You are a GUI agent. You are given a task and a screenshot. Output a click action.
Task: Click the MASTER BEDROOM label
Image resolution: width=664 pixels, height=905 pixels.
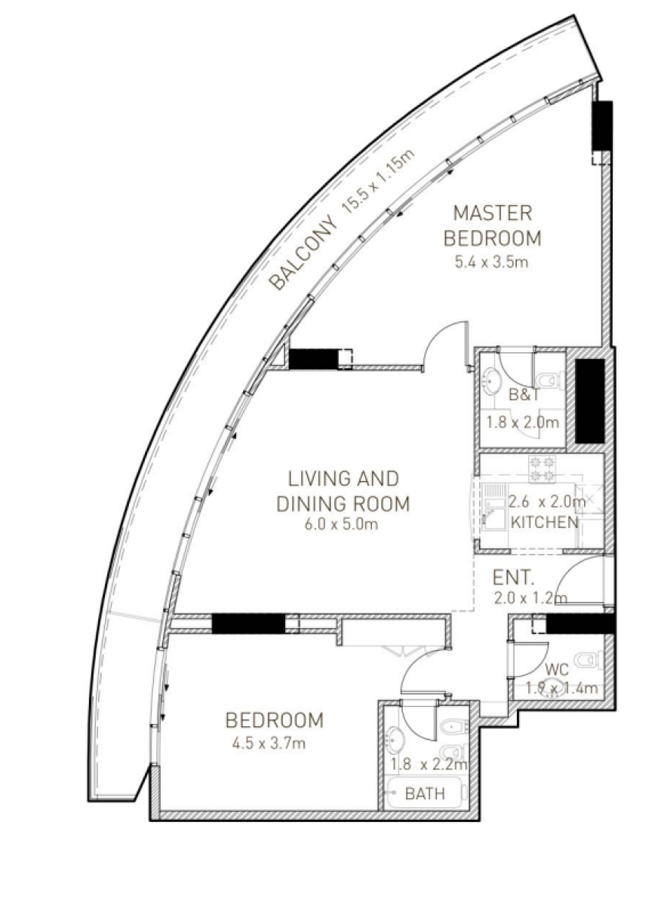[x=492, y=225]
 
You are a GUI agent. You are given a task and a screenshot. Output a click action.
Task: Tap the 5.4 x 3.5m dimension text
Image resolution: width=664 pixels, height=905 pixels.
[x=491, y=262]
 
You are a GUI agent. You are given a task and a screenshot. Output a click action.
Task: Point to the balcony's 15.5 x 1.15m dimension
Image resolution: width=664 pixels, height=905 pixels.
[x=378, y=182]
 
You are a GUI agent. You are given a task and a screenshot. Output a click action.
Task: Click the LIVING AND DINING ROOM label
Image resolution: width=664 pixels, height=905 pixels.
[x=343, y=491]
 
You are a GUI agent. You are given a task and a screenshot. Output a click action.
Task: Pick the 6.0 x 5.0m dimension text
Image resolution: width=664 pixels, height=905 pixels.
[x=342, y=524]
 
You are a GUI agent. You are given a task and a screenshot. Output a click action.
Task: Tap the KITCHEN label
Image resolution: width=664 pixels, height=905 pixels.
[x=545, y=523]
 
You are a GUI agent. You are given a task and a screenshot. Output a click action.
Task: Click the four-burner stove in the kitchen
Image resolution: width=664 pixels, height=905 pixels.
[x=543, y=468]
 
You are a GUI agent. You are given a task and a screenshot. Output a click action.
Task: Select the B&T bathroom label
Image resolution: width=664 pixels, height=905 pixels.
[x=524, y=394]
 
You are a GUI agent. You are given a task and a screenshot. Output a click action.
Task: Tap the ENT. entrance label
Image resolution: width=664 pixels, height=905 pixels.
[x=513, y=578]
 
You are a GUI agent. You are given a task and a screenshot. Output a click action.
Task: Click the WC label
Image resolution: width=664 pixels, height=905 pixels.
[x=557, y=670]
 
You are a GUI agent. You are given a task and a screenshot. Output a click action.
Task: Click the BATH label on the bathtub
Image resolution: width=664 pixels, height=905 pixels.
[x=425, y=794]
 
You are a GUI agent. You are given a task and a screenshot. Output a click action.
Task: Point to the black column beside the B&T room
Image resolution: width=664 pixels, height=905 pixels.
[x=589, y=401]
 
